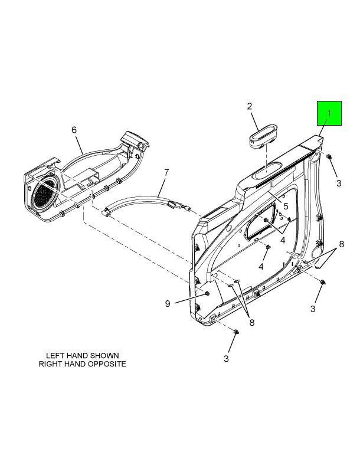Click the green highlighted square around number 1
329,113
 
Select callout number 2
250,106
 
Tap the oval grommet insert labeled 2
263,136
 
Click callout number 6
74,130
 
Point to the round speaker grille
45,192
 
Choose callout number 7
166,172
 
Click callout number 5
286,206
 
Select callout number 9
168,303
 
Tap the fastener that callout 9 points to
207,294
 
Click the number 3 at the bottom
226,359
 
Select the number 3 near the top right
339,183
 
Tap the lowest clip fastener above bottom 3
236,332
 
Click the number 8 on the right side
341,244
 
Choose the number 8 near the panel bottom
252,323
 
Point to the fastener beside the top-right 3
329,156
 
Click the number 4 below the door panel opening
261,267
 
